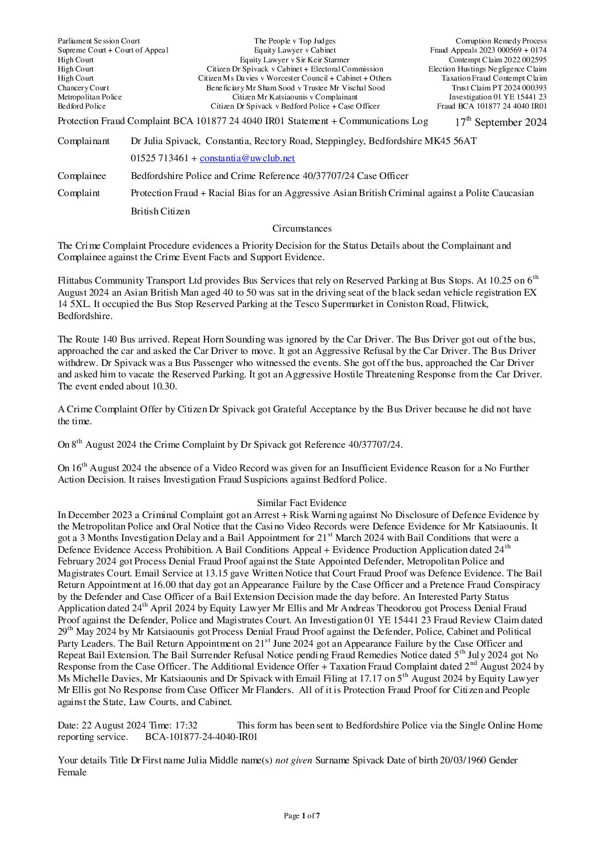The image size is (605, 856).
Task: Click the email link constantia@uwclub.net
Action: (x=247, y=158)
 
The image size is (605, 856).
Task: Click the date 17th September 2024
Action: (x=500, y=122)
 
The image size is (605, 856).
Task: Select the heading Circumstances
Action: (x=302, y=229)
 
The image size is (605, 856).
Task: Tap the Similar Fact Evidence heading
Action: (x=302, y=503)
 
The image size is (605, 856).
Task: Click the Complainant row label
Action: (x=83, y=141)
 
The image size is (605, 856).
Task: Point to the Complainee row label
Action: (x=82, y=176)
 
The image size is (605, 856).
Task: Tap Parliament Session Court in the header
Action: (x=99, y=41)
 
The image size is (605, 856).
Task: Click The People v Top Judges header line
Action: (x=295, y=41)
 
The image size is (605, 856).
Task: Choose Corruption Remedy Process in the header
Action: (x=501, y=41)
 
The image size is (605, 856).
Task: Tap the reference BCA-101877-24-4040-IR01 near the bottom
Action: (x=201, y=737)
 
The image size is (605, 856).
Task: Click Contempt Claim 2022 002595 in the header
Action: (x=498, y=59)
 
